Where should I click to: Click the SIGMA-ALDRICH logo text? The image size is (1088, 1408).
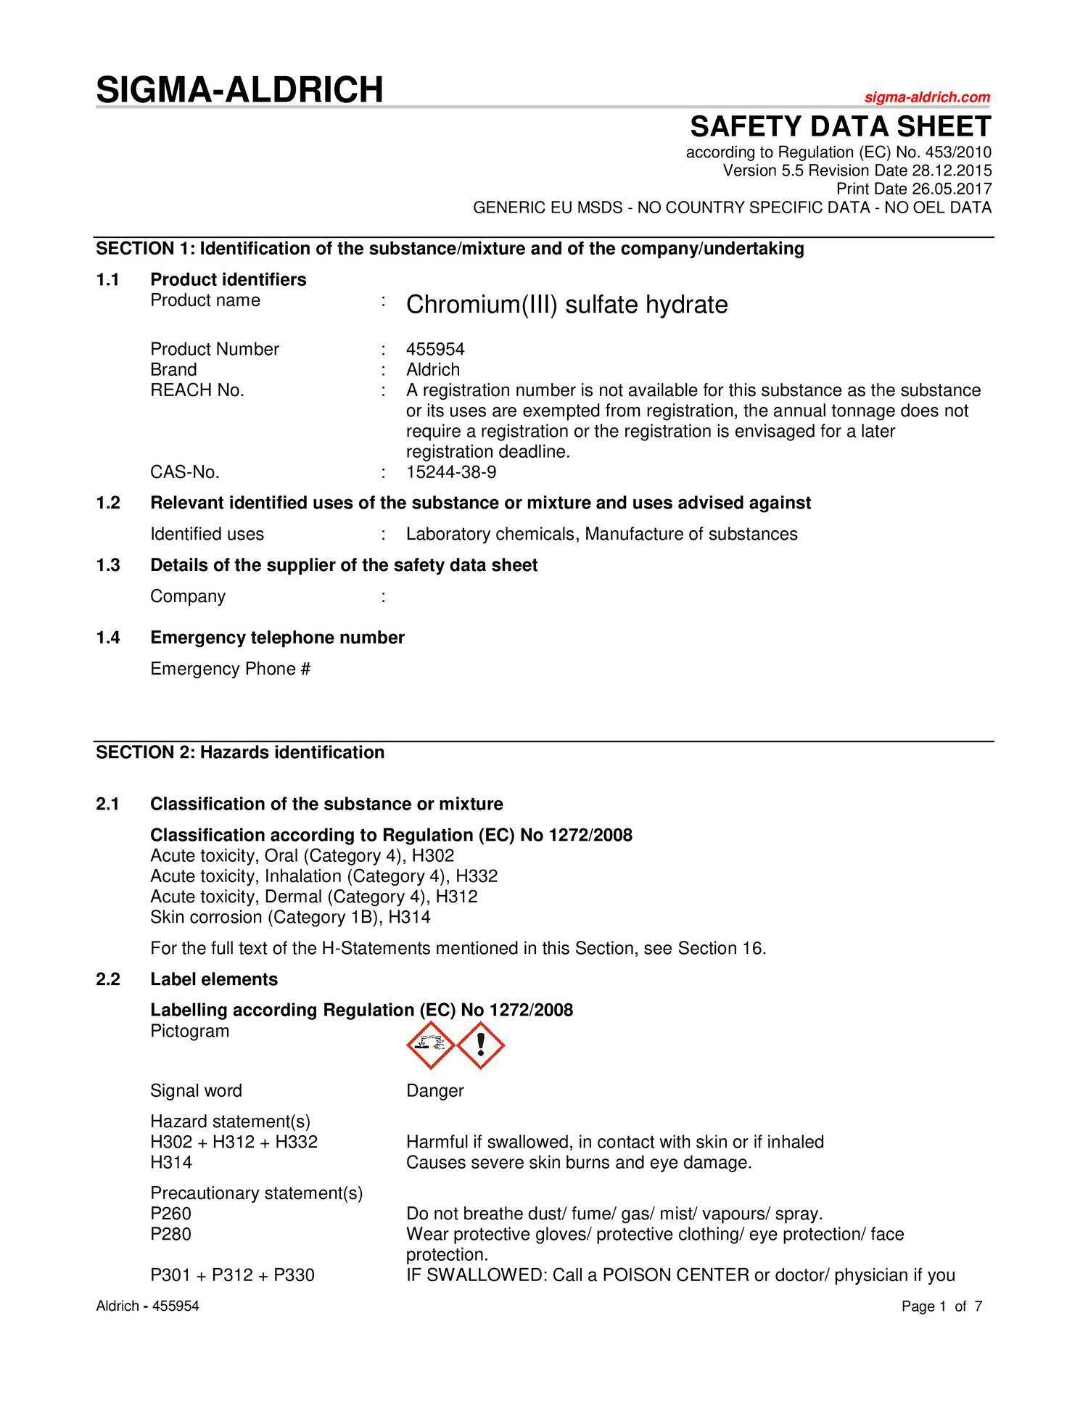(239, 90)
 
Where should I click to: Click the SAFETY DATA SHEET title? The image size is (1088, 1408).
(840, 127)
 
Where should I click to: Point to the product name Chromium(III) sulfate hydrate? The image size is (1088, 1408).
(566, 305)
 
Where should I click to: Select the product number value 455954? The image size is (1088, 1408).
(435, 350)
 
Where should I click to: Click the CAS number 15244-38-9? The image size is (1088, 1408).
(451, 473)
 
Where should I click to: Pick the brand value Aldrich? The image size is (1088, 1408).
(433, 370)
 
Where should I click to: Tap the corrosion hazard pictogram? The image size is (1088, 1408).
(430, 1045)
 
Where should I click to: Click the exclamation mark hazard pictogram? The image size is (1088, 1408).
(480, 1045)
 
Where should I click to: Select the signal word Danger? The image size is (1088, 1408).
(434, 1091)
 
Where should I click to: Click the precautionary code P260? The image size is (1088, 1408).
(171, 1214)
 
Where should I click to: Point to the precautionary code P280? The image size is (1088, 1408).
(171, 1235)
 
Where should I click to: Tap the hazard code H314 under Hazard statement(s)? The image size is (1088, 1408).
(171, 1163)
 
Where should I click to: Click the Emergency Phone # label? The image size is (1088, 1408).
(230, 669)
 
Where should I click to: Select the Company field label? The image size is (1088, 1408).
(188, 596)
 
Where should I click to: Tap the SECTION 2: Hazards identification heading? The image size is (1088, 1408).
(240, 752)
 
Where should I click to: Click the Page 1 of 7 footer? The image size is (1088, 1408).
(941, 1306)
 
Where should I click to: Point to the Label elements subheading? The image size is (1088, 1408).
(214, 979)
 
